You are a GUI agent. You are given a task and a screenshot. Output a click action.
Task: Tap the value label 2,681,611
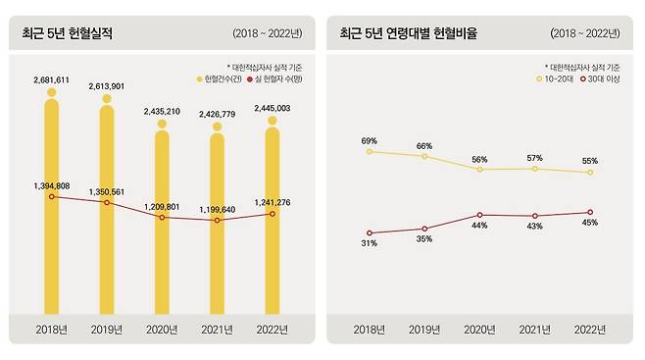pos(51,78)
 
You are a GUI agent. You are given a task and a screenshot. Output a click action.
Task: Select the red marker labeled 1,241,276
pos(273,214)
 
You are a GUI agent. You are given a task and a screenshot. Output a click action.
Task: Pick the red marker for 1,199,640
pos(218,221)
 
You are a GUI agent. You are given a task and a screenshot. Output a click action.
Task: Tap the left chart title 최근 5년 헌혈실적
pos(67,33)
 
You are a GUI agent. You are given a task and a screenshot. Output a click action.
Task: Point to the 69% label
pos(369,141)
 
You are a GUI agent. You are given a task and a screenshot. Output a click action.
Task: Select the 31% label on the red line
pos(369,244)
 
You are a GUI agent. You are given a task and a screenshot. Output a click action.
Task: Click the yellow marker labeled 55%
pos(590,173)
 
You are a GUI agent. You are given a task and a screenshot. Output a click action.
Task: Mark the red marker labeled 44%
pos(479,215)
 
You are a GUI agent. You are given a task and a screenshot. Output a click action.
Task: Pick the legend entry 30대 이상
pos(600,78)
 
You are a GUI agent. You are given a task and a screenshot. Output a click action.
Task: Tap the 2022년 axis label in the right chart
pos(590,331)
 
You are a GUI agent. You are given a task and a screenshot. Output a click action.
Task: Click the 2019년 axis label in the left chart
pos(107,331)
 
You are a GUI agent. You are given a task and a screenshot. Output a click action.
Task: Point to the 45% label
pos(590,222)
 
